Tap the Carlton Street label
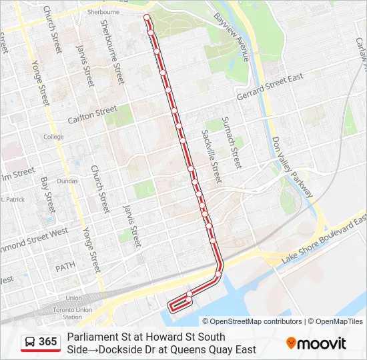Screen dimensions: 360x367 tap(92, 115)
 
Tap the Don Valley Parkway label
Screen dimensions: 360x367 tap(292, 167)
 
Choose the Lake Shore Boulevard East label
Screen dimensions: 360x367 tap(324, 239)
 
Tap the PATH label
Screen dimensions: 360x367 tap(66, 267)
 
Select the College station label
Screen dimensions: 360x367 tap(53, 137)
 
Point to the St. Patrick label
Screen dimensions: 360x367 tap(12, 199)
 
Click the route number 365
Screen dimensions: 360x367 tap(47, 342)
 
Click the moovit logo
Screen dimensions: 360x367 tap(316, 343)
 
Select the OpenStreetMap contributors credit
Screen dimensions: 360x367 tap(252, 321)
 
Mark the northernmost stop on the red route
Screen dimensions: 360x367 tap(146, 15)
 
